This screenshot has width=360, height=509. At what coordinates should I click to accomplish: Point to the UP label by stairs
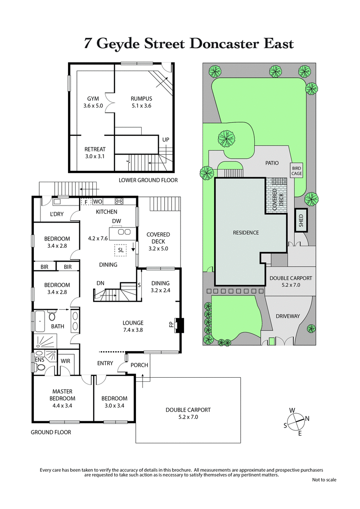pyautogui.click(x=166, y=140)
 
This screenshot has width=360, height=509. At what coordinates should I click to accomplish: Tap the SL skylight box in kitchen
pyautogui.click(x=121, y=250)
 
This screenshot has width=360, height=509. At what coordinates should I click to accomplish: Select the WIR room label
pyautogui.click(x=65, y=361)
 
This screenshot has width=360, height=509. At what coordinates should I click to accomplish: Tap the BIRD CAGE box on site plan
pyautogui.click(x=297, y=170)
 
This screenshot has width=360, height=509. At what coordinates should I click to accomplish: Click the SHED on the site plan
pyautogui.click(x=301, y=220)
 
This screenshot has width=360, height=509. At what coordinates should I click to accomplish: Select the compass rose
pyautogui.click(x=297, y=421)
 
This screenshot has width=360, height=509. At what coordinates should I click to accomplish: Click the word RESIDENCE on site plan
pyautogui.click(x=246, y=232)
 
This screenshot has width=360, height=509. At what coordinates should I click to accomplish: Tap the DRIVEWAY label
pyautogui.click(x=288, y=316)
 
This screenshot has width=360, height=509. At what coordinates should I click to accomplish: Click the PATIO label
pyautogui.click(x=272, y=163)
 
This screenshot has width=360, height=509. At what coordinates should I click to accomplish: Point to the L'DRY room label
pyautogui.click(x=56, y=214)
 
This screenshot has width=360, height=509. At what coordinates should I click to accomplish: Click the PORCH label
pyautogui.click(x=139, y=365)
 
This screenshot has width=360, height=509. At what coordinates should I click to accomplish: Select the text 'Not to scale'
pyautogui.click(x=324, y=480)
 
